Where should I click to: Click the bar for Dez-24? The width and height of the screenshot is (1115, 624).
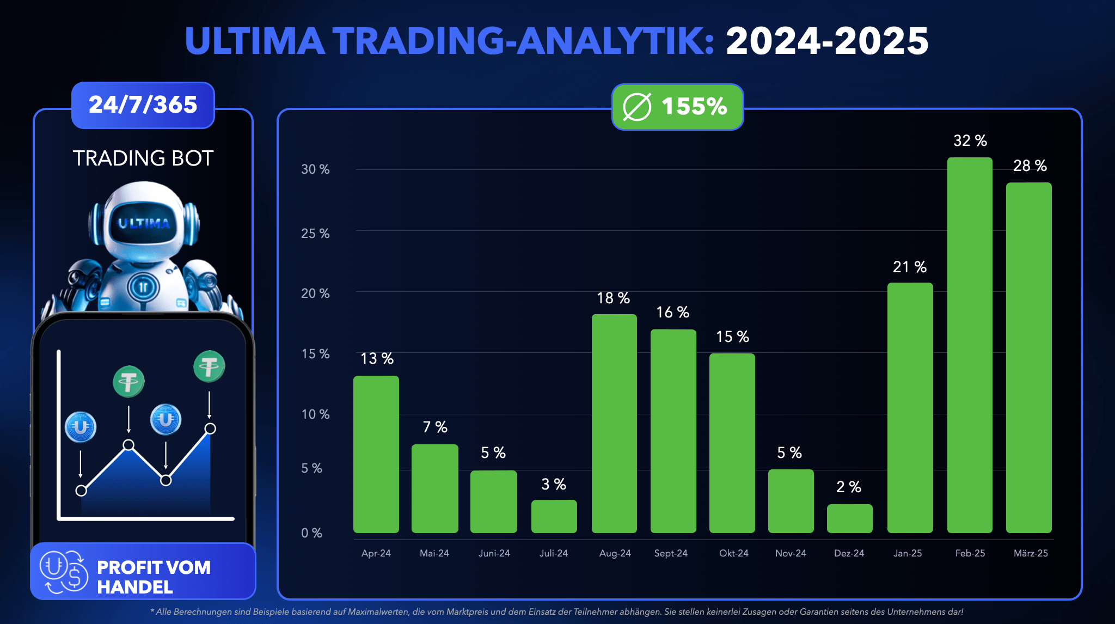pyautogui.click(x=849, y=518)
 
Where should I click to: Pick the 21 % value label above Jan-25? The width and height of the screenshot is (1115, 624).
pyautogui.click(x=909, y=267)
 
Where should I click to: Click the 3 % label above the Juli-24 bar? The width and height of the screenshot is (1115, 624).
pyautogui.click(x=554, y=484)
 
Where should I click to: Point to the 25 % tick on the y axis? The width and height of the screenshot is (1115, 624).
pyautogui.click(x=315, y=234)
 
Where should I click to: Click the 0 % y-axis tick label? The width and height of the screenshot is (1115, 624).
pyautogui.click(x=311, y=533)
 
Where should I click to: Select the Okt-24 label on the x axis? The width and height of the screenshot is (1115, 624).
pyautogui.click(x=733, y=553)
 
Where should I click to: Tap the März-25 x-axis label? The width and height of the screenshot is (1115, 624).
pyautogui.click(x=1030, y=553)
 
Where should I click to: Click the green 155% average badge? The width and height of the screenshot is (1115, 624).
pyautogui.click(x=677, y=106)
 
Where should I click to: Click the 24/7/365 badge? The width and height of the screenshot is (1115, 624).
pyautogui.click(x=143, y=105)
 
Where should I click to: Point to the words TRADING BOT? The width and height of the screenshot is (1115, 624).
pyautogui.click(x=143, y=158)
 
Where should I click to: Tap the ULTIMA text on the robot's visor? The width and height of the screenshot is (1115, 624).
pyautogui.click(x=144, y=223)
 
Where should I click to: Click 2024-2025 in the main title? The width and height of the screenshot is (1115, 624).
pyautogui.click(x=827, y=41)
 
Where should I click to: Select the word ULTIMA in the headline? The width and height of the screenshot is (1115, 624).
pyautogui.click(x=254, y=41)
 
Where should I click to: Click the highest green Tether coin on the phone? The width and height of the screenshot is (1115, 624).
pyautogui.click(x=209, y=366)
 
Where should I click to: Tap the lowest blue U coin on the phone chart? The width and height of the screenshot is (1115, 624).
pyautogui.click(x=81, y=427)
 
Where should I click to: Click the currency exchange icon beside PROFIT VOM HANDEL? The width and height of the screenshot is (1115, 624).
pyautogui.click(x=64, y=572)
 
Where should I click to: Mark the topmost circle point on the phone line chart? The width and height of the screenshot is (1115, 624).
pyautogui.click(x=210, y=429)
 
